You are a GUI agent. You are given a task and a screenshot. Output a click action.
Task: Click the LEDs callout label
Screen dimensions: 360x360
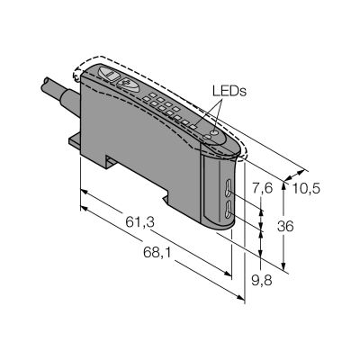(x=229, y=91)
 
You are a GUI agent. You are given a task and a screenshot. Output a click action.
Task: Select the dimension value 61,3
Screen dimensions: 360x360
(x=139, y=222)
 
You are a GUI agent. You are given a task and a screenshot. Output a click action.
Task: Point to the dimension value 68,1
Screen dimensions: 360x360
(x=157, y=253)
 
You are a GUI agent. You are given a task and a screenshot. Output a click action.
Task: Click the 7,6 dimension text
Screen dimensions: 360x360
(x=262, y=189)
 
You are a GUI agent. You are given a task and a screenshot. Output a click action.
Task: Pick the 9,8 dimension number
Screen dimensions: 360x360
(x=262, y=281)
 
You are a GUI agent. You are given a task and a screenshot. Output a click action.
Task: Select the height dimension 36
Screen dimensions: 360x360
(x=285, y=226)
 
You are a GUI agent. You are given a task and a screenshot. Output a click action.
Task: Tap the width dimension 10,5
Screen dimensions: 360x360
(x=306, y=189)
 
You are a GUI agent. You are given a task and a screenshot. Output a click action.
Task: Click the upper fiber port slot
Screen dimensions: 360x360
(x=228, y=188)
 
